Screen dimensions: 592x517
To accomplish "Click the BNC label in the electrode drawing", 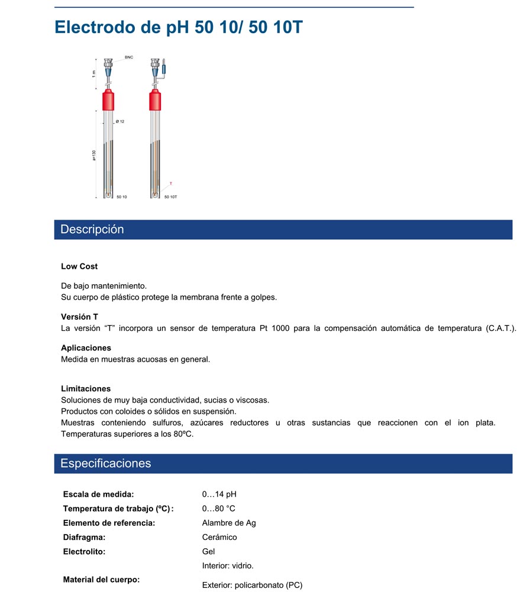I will [128, 57].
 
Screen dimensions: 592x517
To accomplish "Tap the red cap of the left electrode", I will [108, 101].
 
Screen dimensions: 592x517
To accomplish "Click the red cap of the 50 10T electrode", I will [156, 101].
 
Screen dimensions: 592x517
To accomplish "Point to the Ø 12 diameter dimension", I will [120, 121].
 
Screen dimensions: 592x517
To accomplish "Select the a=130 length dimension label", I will [94, 155].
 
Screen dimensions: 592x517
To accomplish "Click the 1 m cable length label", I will [94, 74].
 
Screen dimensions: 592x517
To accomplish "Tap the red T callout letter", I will [171, 184].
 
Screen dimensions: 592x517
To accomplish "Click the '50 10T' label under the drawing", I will [170, 197].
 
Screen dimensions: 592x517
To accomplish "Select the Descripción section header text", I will [92, 230].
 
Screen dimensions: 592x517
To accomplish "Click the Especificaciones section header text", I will [105, 464].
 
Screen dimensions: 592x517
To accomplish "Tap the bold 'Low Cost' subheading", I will [79, 266].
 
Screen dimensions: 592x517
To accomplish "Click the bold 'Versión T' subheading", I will [79, 317].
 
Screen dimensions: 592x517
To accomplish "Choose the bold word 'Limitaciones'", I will [86, 389].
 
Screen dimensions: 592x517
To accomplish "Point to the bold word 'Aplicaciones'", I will [86, 348].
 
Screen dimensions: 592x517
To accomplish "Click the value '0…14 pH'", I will [219, 494].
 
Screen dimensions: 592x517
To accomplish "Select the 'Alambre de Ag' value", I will [229, 523].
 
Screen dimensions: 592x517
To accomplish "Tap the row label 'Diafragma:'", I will [84, 537].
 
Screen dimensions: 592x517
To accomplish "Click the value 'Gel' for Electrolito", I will [208, 551].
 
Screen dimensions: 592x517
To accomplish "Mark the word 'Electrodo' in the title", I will [92, 27].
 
